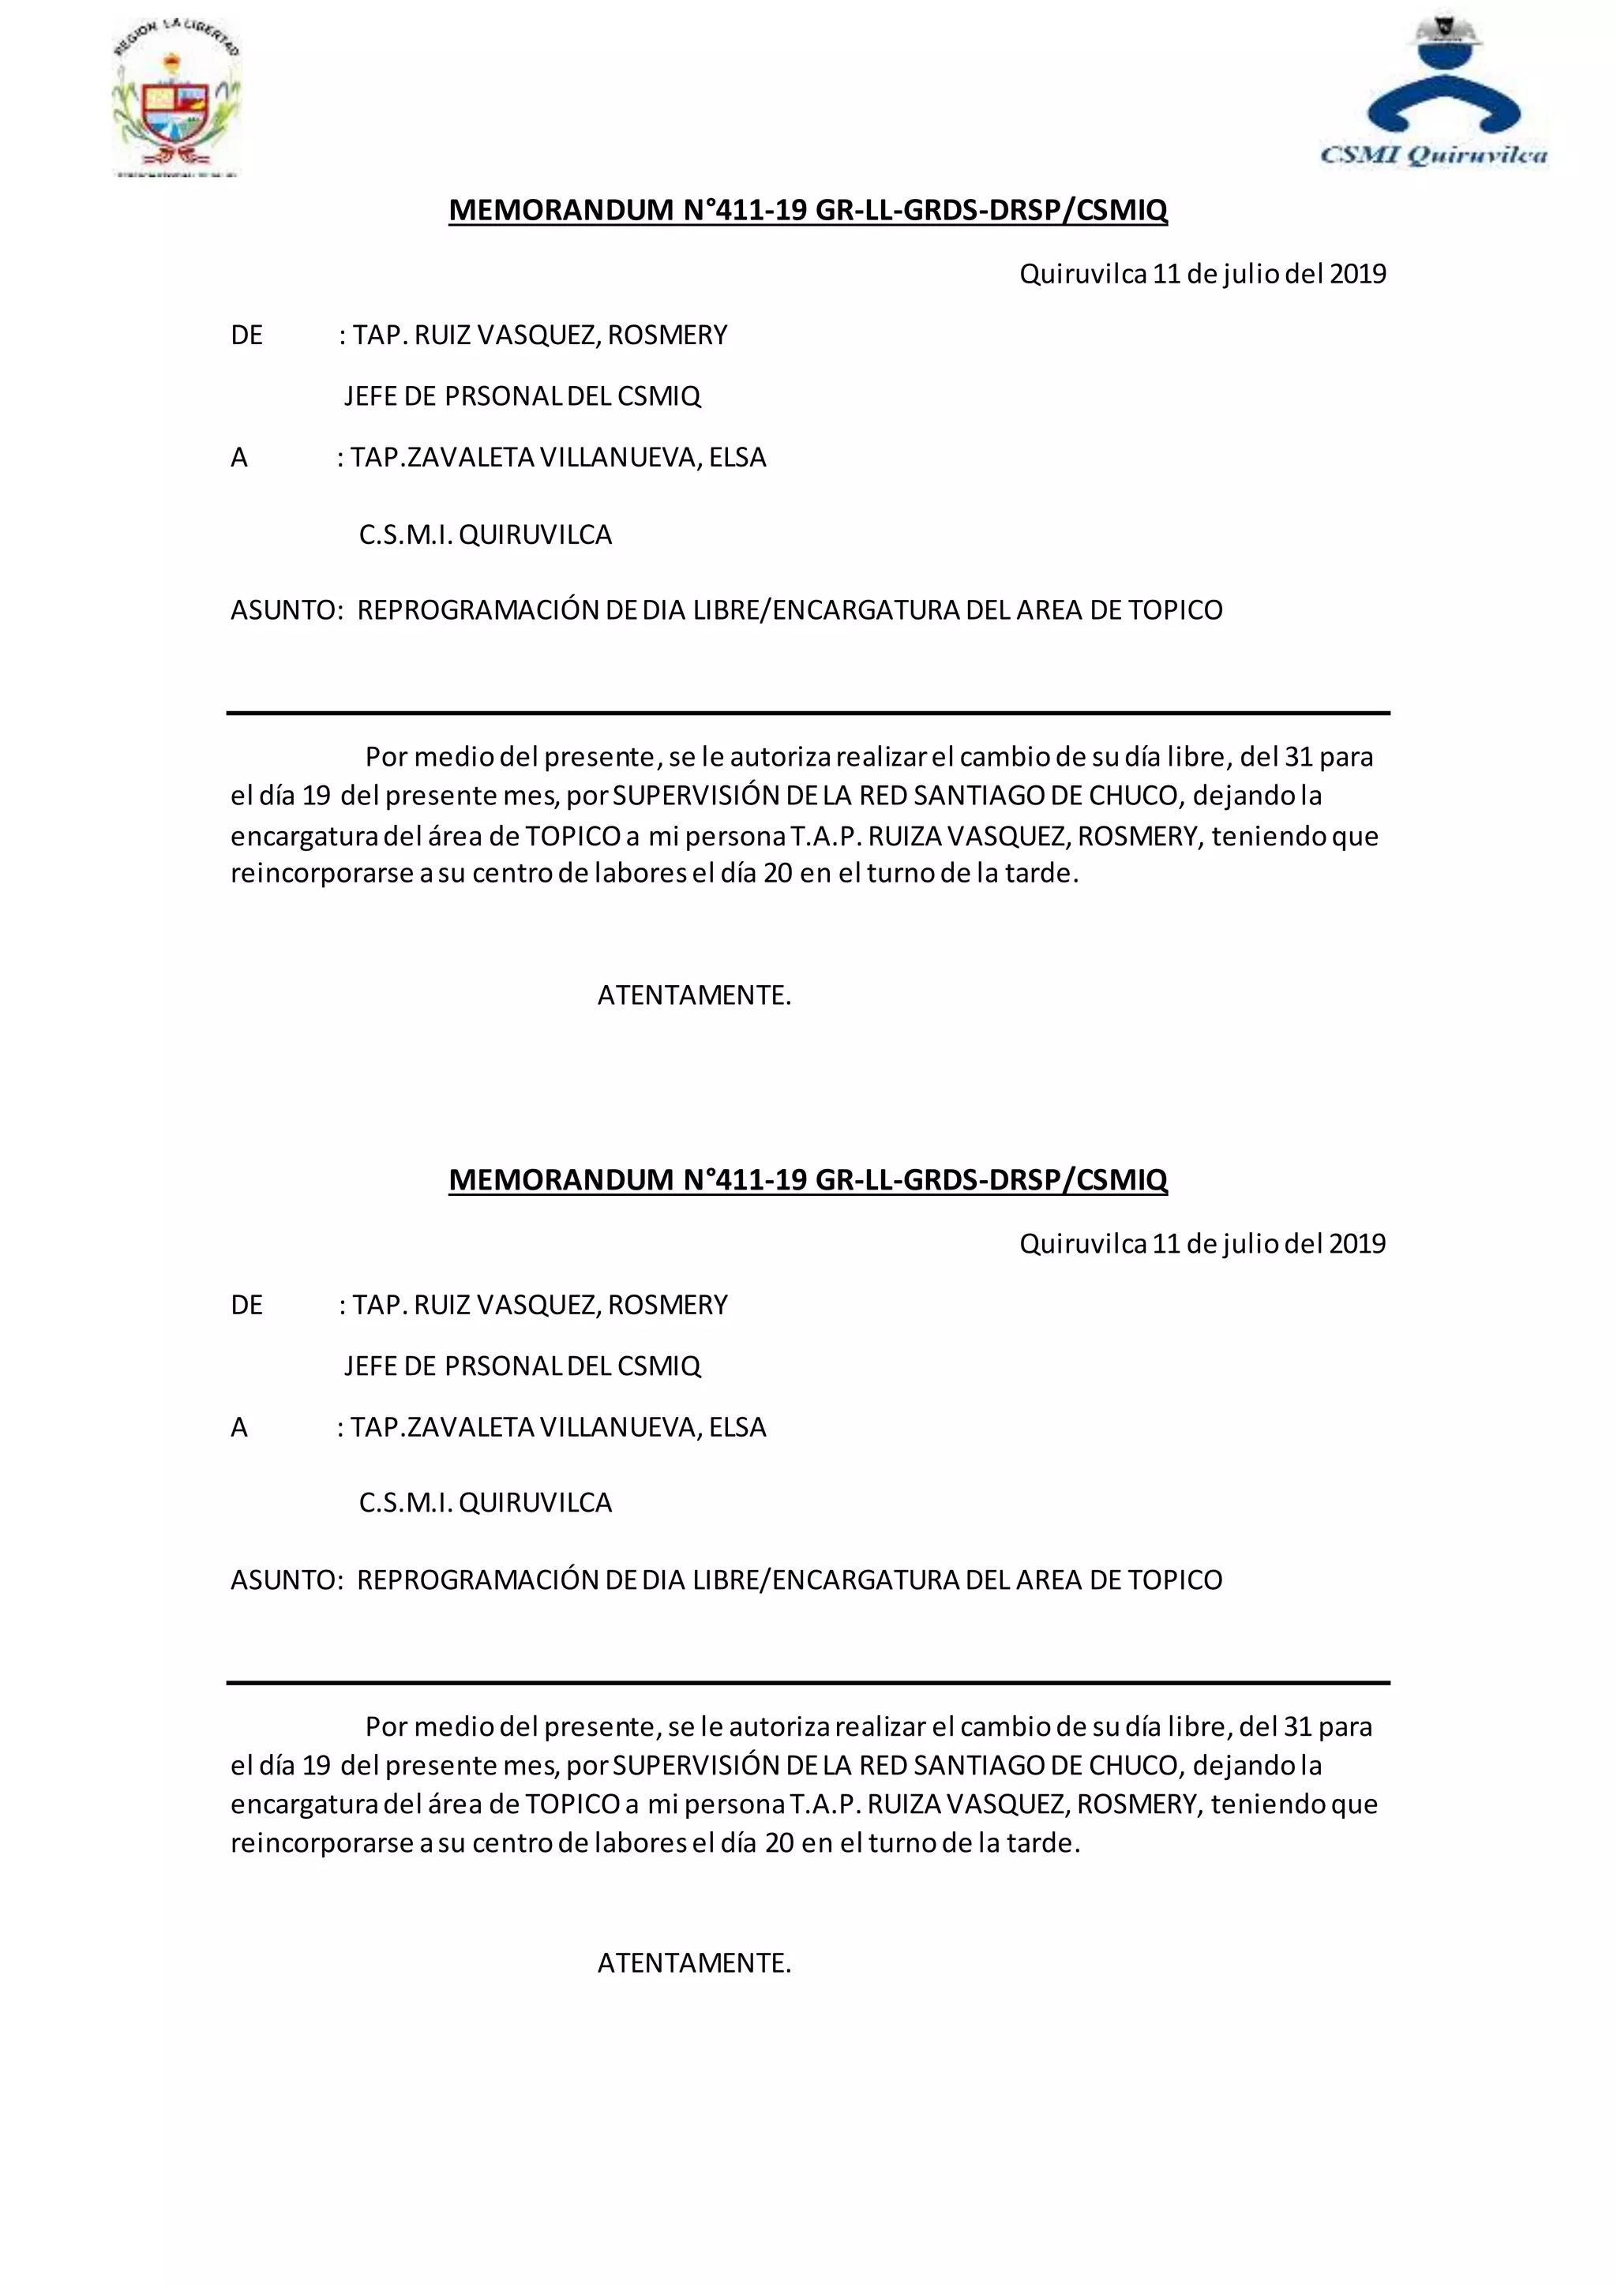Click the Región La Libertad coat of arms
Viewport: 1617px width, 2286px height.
[x=177, y=100]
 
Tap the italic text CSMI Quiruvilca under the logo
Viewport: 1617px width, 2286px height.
[x=1433, y=155]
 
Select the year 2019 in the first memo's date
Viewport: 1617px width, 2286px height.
[x=1357, y=274]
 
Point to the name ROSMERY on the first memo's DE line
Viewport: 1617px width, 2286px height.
[x=667, y=335]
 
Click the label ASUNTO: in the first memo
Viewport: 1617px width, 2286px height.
[x=287, y=610]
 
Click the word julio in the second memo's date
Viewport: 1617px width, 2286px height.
[x=1251, y=1243]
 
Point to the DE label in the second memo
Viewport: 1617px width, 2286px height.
[x=247, y=1306]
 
